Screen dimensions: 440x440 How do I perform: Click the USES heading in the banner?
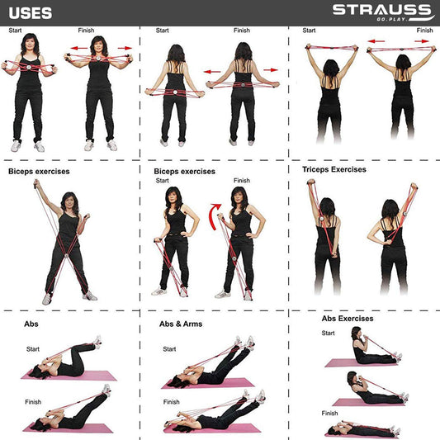click(31, 13)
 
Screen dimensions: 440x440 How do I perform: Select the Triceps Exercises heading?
click(334, 169)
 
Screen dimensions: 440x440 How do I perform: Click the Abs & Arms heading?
click(181, 324)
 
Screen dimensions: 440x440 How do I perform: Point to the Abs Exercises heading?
click(348, 319)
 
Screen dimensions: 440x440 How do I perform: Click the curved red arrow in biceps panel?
click(214, 216)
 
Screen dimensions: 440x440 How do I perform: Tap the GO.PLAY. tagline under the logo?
click(391, 19)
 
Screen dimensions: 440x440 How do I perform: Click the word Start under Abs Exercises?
click(328, 333)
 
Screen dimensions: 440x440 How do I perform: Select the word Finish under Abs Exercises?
click(329, 413)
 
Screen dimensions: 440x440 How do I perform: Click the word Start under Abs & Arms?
click(169, 349)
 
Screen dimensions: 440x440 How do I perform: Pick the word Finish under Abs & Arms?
click(171, 402)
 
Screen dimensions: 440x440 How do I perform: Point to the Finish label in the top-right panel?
click(424, 31)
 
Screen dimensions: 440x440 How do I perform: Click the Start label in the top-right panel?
click(309, 31)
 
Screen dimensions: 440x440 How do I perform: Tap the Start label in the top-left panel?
click(15, 31)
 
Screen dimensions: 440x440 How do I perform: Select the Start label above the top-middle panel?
click(162, 31)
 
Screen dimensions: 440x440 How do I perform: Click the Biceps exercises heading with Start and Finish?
click(184, 172)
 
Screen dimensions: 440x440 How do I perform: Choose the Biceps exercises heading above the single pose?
click(39, 172)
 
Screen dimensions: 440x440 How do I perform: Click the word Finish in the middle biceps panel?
click(242, 181)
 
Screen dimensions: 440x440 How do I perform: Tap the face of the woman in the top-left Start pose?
click(30, 44)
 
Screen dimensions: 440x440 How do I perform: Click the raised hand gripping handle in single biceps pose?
click(36, 184)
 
